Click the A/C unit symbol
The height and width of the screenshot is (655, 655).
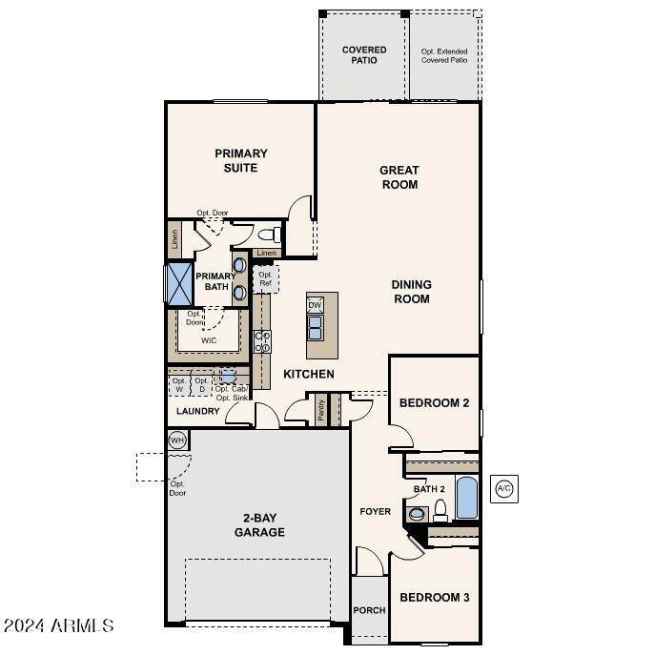(x=503, y=489)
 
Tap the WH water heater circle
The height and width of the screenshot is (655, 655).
(x=177, y=440)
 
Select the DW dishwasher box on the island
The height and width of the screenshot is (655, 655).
(x=316, y=305)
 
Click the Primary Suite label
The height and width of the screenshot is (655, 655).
(x=240, y=160)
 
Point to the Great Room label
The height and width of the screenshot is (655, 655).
(x=399, y=177)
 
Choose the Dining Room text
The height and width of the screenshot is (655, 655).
(x=411, y=292)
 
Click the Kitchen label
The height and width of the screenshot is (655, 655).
(x=308, y=374)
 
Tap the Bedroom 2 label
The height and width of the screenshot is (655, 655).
(x=434, y=403)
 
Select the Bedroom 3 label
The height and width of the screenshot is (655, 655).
(x=434, y=598)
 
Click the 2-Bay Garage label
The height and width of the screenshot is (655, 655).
(x=259, y=525)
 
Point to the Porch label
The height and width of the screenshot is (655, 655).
(x=369, y=611)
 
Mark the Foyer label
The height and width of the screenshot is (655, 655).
(x=375, y=512)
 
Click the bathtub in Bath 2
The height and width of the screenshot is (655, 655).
(x=466, y=498)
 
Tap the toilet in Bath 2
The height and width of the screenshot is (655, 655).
(x=440, y=513)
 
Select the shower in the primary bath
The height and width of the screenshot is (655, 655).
(x=179, y=283)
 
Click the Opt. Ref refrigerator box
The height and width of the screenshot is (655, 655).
(x=265, y=280)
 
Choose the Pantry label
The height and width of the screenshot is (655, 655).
(x=321, y=409)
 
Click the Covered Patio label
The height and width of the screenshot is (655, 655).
(x=364, y=55)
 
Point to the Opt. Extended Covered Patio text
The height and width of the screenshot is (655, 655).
(x=445, y=55)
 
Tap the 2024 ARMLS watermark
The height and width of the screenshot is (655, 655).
(x=59, y=626)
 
